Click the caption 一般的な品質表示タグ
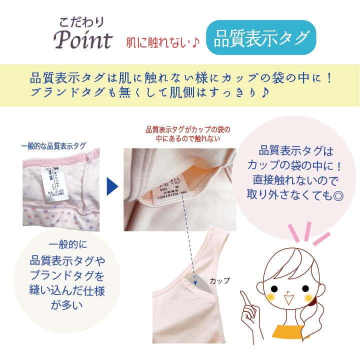(53, 146)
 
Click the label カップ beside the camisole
(220, 280)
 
